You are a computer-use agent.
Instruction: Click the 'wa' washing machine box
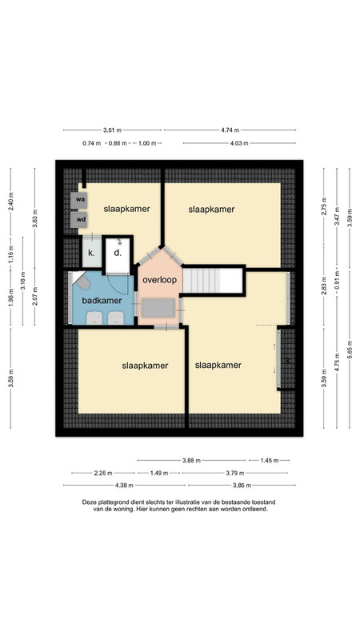78,201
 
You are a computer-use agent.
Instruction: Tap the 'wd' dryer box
78,220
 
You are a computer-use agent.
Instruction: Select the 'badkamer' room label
102,301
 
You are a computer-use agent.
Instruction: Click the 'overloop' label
159,280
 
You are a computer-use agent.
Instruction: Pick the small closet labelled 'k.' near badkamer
91,252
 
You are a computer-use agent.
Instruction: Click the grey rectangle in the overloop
158,309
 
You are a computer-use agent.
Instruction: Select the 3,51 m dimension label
112,130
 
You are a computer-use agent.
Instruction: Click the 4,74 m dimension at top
230,130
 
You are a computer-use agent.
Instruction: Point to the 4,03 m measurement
239,143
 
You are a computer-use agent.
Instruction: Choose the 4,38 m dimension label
125,486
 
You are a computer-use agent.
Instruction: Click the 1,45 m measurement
270,461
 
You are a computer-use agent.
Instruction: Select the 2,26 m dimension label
103,473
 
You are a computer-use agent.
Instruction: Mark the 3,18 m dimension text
23,281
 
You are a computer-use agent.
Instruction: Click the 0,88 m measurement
118,143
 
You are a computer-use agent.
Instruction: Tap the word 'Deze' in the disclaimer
89,502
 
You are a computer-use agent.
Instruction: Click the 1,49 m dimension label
159,473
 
